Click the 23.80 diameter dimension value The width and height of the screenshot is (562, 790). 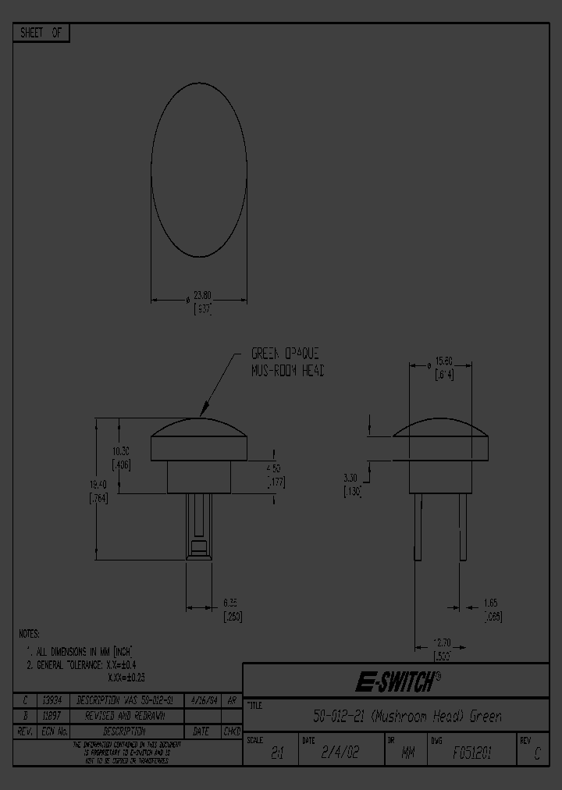click(x=201, y=295)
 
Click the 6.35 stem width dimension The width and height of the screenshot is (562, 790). click(x=229, y=603)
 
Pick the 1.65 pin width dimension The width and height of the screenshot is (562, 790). click(x=490, y=603)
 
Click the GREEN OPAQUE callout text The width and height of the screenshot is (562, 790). click(x=284, y=354)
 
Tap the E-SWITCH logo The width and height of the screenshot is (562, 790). click(x=395, y=682)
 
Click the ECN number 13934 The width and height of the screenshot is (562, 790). click(x=52, y=700)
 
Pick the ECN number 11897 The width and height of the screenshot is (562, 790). click(x=52, y=715)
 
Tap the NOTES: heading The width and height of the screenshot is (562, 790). click(x=29, y=634)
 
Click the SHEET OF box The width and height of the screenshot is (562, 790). click(x=41, y=33)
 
